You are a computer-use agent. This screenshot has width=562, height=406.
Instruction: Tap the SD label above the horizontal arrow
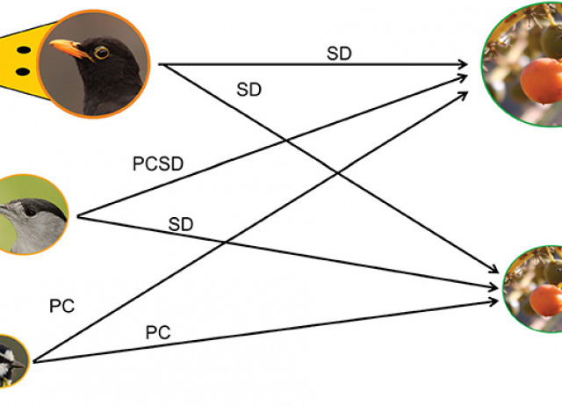339,53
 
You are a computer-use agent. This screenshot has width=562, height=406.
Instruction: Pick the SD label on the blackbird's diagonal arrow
249,89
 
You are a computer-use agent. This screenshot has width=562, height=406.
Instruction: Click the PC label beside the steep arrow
62,307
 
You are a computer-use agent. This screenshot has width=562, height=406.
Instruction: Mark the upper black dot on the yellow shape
24,40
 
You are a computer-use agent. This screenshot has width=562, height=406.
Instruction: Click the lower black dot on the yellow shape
24,70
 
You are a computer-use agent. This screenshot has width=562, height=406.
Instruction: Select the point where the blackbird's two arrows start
160,65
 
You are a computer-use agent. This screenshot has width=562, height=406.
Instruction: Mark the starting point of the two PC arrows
32,361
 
